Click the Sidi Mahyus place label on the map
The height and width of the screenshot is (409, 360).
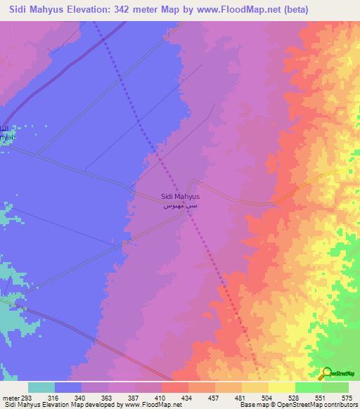pos(180,197)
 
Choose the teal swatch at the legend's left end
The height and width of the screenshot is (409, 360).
pos(41,387)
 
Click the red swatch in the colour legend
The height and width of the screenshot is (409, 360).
pos(174,387)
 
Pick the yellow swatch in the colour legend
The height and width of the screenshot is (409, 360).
pos(255,387)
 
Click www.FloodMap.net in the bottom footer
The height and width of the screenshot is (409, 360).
pos(150,405)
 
